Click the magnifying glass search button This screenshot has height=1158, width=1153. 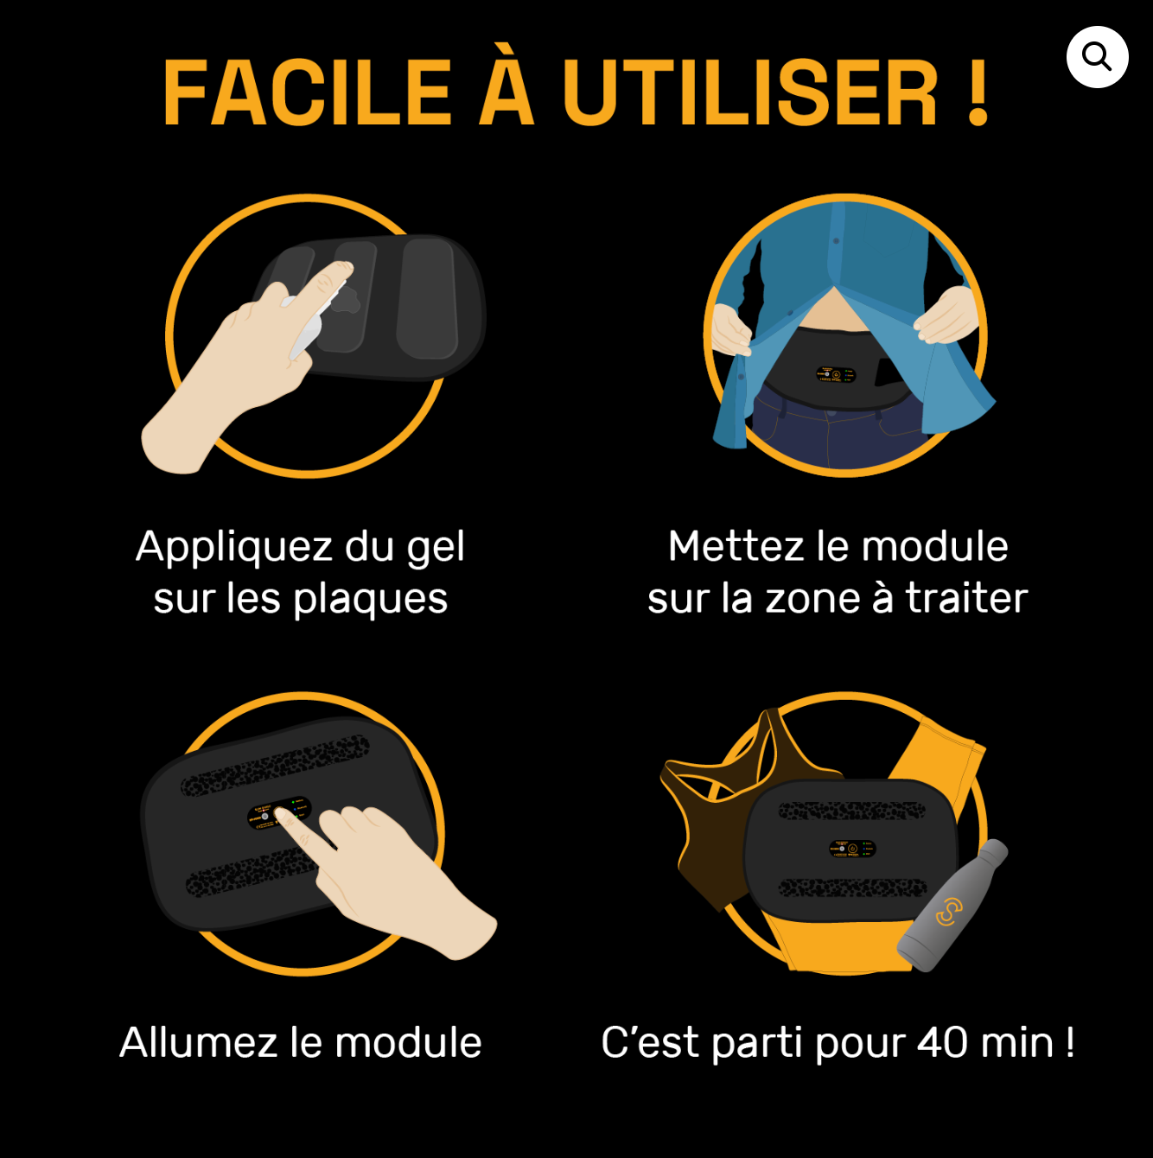[x=1097, y=57]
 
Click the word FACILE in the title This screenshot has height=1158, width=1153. [x=307, y=93]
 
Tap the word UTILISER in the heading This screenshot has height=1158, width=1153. [x=749, y=93]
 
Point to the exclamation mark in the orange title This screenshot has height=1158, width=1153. [x=978, y=93]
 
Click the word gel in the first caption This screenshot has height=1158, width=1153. [x=436, y=548]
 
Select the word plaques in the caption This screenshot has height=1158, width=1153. [x=370, y=601]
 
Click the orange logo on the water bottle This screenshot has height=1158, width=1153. [x=949, y=913]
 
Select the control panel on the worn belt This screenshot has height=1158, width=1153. [x=836, y=374]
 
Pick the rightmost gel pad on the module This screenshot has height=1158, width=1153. [x=428, y=299]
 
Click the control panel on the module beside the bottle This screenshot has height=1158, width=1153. [x=852, y=849]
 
